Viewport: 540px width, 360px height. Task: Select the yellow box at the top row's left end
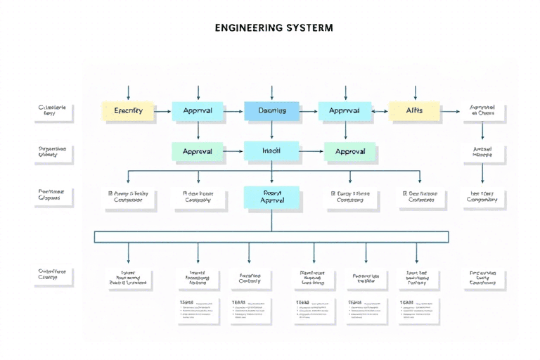point(127,111)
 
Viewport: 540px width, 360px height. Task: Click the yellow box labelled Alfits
point(414,111)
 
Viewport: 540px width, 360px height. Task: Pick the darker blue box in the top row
point(271,111)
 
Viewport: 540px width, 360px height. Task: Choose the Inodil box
point(271,151)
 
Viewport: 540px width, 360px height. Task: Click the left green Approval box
point(198,151)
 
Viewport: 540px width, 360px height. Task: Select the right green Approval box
point(349,151)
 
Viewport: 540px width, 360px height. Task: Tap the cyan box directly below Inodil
point(271,197)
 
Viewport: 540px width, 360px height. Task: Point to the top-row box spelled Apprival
point(345,111)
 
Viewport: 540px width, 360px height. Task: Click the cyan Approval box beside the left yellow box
point(198,111)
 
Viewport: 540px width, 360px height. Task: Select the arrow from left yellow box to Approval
point(162,111)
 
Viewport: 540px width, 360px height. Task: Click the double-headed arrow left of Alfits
point(380,111)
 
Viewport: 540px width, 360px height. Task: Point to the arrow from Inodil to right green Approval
point(311,151)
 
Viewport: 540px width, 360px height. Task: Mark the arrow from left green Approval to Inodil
point(233,151)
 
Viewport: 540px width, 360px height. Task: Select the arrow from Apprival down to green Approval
point(345,131)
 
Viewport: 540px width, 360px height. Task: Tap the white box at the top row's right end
point(482,111)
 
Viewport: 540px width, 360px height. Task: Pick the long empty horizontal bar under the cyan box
point(271,237)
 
